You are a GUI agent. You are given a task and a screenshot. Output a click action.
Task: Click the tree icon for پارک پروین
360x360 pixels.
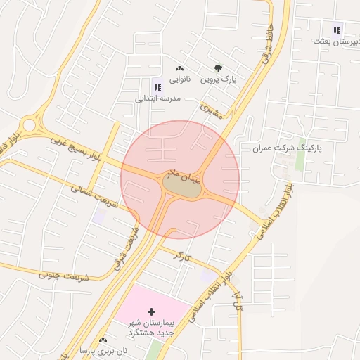click(218, 69)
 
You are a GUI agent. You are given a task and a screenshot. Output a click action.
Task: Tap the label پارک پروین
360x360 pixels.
click(219, 80)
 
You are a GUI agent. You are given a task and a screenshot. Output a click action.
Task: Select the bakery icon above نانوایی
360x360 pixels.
click(179, 69)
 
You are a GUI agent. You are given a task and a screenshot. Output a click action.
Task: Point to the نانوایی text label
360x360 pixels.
click(179, 80)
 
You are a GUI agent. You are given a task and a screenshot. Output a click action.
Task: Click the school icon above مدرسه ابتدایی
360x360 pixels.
click(157, 88)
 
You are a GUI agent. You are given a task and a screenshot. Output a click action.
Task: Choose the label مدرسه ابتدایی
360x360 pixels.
click(158, 99)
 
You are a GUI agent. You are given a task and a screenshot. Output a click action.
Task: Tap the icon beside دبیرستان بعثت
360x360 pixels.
click(337, 30)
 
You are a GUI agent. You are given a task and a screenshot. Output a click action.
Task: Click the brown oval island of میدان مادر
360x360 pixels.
click(183, 186)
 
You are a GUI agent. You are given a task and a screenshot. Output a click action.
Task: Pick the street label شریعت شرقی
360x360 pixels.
click(126, 246)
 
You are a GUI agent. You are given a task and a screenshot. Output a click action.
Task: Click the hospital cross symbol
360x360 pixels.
click(151, 311)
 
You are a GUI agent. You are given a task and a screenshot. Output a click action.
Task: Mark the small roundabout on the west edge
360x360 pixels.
click(29, 126)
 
